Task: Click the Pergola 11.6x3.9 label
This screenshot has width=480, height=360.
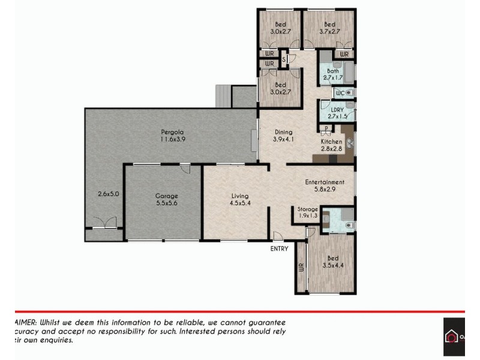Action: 172,136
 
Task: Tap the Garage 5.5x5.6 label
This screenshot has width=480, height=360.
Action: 167,200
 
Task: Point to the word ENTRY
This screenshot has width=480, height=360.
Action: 279,248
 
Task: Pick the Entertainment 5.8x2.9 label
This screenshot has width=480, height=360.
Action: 324,185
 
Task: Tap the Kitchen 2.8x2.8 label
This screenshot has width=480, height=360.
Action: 331,145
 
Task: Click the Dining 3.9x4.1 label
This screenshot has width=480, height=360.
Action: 283,136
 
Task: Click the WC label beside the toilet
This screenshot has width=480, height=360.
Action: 339,93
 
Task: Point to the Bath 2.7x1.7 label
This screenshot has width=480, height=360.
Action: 332,74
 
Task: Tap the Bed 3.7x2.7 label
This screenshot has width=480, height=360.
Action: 329,28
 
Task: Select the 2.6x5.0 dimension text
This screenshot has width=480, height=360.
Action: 108,194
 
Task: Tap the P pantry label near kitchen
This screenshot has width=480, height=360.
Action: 325,128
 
